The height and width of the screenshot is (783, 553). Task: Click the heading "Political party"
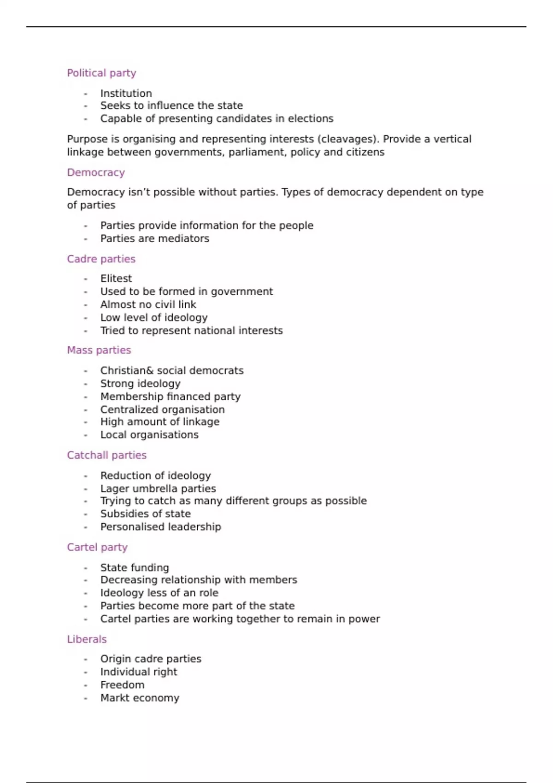tap(101, 73)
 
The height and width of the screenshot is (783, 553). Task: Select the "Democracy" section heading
tap(96, 173)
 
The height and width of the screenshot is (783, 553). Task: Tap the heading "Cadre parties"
tap(101, 259)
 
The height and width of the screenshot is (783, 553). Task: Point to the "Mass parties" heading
tap(99, 350)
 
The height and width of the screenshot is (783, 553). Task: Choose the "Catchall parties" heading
tap(106, 455)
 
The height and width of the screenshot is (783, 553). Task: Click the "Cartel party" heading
tap(97, 547)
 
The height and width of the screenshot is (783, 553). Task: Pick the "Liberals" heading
tap(87, 639)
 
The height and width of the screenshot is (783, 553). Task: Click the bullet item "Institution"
tap(126, 93)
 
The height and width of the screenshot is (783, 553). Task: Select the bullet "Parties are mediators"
tap(155, 239)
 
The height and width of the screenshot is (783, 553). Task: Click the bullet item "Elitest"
tap(116, 279)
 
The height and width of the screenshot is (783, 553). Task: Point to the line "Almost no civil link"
tap(148, 304)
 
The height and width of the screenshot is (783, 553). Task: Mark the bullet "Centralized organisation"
tap(163, 409)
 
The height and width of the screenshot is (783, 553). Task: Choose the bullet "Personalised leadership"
tap(161, 527)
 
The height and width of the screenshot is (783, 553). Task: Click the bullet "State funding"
tap(135, 568)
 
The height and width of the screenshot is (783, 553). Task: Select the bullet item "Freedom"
tap(122, 685)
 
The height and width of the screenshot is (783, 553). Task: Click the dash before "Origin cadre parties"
tap(86, 660)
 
